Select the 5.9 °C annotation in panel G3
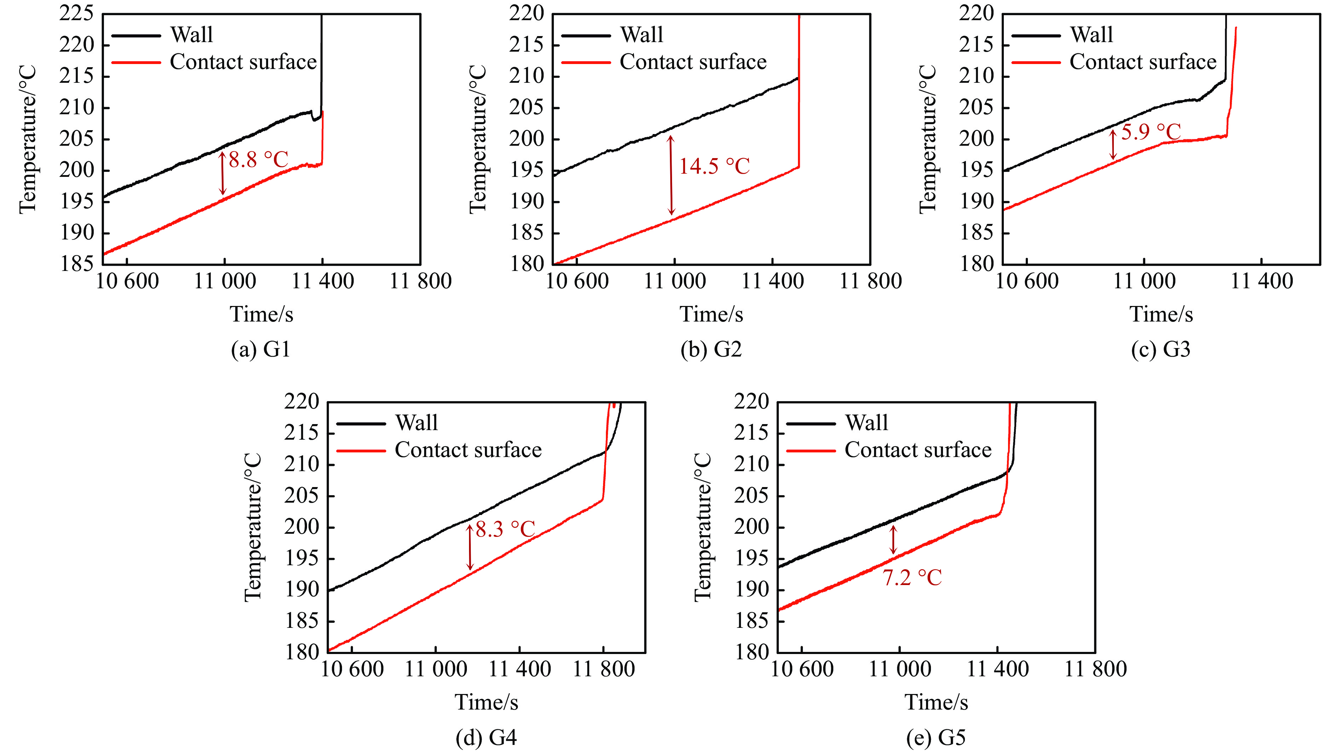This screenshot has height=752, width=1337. pos(1151,132)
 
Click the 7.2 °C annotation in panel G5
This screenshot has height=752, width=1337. pos(912,577)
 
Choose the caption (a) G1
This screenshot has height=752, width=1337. pos(261,349)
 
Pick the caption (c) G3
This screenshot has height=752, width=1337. pos(1161,349)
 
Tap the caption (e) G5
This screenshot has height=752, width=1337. pos(936,737)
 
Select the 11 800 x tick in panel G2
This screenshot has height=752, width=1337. pos(870,281)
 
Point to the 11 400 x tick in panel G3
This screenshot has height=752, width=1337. pos(1262,281)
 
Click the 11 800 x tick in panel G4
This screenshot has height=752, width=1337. pos(603,669)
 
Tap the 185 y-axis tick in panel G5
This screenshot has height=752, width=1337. pos(751,621)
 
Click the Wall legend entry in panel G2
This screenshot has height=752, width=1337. pos(642,35)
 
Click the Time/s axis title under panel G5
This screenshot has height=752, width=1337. pos(936,702)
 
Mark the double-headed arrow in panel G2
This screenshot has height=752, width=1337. pos(671,175)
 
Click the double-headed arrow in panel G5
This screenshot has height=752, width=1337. pos(893,540)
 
